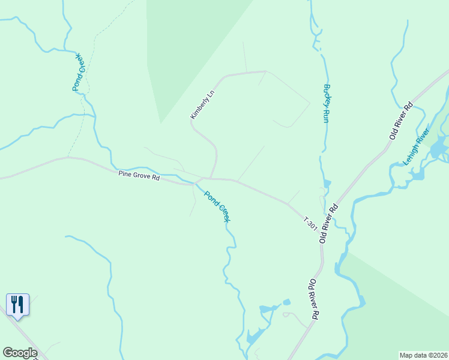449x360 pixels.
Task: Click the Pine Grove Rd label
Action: [139, 176]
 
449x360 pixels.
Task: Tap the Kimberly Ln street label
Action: [202, 104]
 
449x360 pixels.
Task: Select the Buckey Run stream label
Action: [327, 103]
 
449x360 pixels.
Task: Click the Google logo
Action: [20, 353]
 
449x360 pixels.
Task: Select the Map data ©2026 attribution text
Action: [423, 355]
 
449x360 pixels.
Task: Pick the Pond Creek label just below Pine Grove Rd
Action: [217, 206]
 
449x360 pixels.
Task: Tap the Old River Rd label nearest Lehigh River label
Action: [402, 120]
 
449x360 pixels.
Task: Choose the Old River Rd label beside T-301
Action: [329, 223]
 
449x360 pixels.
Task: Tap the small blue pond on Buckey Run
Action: [327, 183]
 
